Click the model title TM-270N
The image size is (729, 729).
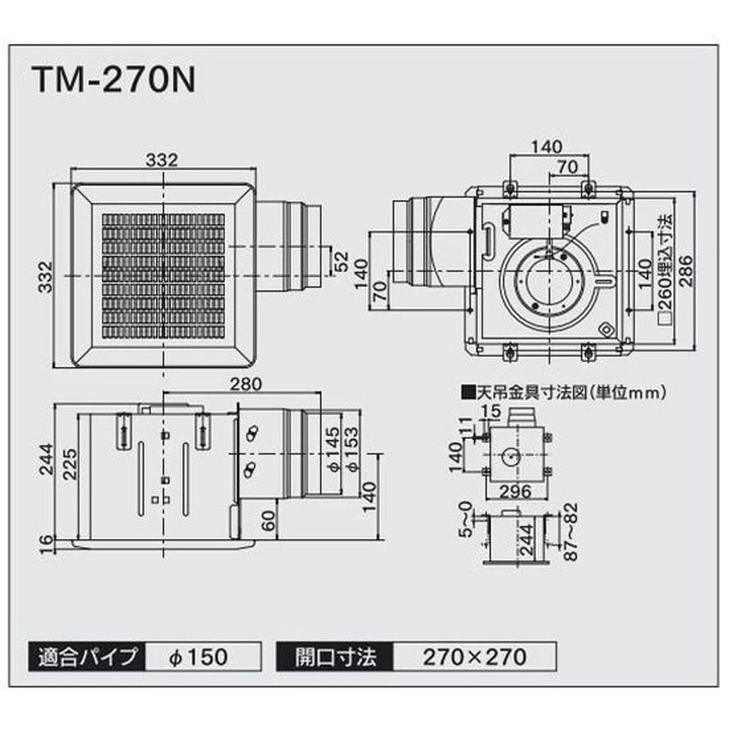point(115,81)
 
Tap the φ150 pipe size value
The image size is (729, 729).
point(199,657)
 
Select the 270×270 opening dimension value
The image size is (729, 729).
point(475,657)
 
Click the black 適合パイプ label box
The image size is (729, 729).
point(87,657)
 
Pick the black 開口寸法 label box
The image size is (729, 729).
point(334,657)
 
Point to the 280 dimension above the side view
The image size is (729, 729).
point(246,384)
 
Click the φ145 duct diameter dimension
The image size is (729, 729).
point(334,449)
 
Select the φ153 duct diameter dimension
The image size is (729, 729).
point(353,449)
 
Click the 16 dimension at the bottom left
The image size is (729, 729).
point(46,544)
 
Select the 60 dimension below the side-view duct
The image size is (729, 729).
point(268,521)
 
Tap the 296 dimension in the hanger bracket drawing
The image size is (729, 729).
point(516,491)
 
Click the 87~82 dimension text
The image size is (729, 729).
point(572,531)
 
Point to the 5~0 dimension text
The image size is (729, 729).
point(466,519)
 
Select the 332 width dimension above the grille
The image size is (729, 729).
point(162,159)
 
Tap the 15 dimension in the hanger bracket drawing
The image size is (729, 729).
point(491,411)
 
